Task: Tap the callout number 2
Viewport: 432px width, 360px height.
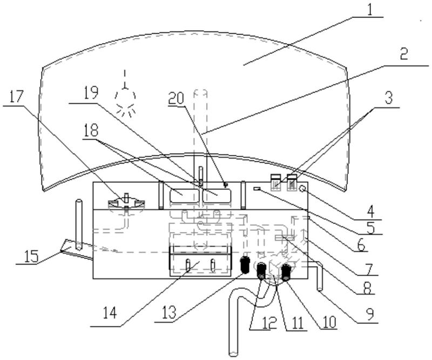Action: tap(403, 55)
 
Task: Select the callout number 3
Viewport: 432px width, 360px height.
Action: tap(388, 98)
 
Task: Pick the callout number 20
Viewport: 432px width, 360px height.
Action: tap(176, 98)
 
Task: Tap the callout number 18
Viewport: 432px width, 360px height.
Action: tap(91, 130)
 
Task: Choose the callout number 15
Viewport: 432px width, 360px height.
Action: tap(31, 256)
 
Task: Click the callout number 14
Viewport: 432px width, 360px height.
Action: tap(110, 314)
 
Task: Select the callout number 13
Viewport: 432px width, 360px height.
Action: tap(168, 314)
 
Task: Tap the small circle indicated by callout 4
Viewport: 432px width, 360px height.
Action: tap(302, 189)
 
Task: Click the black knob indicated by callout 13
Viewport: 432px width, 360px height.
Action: tap(245, 264)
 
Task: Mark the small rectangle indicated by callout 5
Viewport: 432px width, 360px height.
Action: tap(257, 188)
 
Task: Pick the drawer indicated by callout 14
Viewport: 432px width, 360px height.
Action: tap(200, 261)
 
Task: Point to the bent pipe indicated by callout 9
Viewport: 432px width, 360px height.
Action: tap(320, 275)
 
